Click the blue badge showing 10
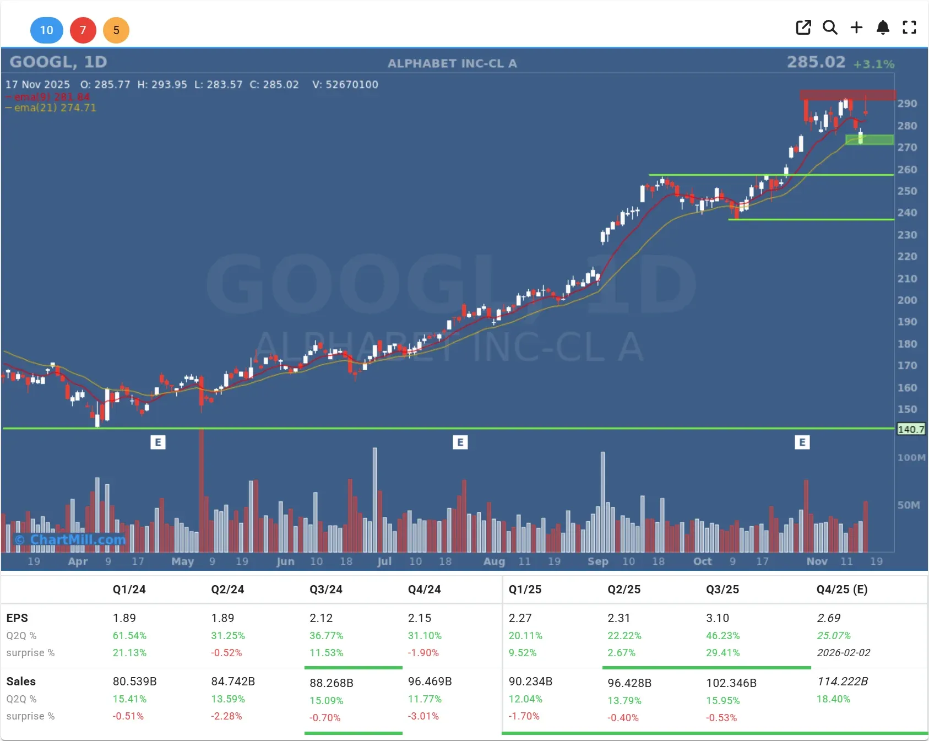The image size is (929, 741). pyautogui.click(x=46, y=30)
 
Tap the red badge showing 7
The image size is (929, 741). pyautogui.click(x=83, y=30)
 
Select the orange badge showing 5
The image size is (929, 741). pyautogui.click(x=116, y=30)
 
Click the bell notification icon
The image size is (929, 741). pyautogui.click(x=883, y=28)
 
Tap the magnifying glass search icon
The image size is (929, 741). pyautogui.click(x=830, y=28)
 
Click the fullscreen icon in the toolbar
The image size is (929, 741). pyautogui.click(x=909, y=28)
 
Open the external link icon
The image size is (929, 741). pyautogui.click(x=803, y=28)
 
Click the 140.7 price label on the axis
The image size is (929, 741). pyautogui.click(x=911, y=429)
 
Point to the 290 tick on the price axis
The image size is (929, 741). pyautogui.click(x=907, y=104)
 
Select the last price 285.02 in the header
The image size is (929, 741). pyautogui.click(x=816, y=62)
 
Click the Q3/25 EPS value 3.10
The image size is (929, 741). pyautogui.click(x=717, y=618)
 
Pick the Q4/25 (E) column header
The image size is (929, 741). pyautogui.click(x=841, y=589)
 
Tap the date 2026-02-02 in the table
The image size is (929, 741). pyautogui.click(x=843, y=653)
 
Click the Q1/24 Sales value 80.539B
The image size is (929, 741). pyautogui.click(x=134, y=681)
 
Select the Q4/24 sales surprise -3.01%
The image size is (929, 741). pyautogui.click(x=423, y=716)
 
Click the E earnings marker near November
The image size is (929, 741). pyautogui.click(x=802, y=442)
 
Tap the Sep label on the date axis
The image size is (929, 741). pyautogui.click(x=597, y=561)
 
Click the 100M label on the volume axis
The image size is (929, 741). pyautogui.click(x=911, y=458)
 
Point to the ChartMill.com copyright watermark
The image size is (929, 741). pyautogui.click(x=70, y=539)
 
